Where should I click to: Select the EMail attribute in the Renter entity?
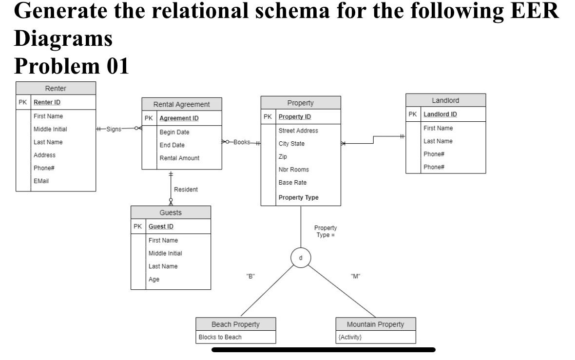click(x=41, y=181)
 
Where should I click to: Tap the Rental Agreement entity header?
click(x=181, y=104)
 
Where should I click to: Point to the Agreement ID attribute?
click(x=179, y=118)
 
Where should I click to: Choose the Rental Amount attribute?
click(x=179, y=158)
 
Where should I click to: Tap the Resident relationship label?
click(x=186, y=189)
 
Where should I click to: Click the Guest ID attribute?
click(x=161, y=227)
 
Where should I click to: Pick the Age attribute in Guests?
click(x=154, y=280)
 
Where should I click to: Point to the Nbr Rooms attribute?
click(x=293, y=170)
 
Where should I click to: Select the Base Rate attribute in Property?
click(x=292, y=183)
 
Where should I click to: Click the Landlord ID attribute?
click(x=440, y=114)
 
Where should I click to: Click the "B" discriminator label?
click(x=250, y=276)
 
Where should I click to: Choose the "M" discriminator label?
click(x=355, y=276)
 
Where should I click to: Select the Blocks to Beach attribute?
click(x=220, y=337)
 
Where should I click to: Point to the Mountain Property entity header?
click(x=375, y=324)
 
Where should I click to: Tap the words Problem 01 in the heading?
click(x=72, y=65)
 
